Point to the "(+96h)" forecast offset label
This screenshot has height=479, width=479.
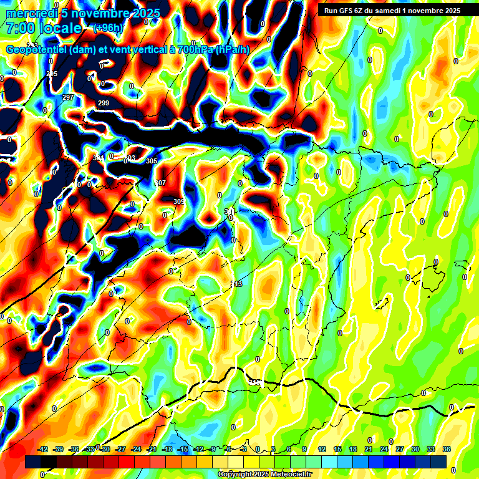(108, 28)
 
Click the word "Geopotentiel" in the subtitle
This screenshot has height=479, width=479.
(37, 50)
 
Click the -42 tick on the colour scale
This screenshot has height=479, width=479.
(43, 449)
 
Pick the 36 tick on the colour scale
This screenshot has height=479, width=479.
(447, 449)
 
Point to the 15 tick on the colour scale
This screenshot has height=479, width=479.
(337, 449)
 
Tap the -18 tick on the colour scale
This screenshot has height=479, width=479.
(167, 449)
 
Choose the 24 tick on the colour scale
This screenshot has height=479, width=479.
(384, 449)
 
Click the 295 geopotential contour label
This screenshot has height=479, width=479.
(52, 74)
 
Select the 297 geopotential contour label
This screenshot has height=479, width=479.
(68, 98)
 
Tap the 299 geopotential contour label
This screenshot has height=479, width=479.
(104, 103)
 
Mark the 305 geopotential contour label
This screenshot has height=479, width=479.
(152, 161)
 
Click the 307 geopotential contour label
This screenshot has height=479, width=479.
(160, 183)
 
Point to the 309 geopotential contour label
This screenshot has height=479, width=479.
(179, 201)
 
